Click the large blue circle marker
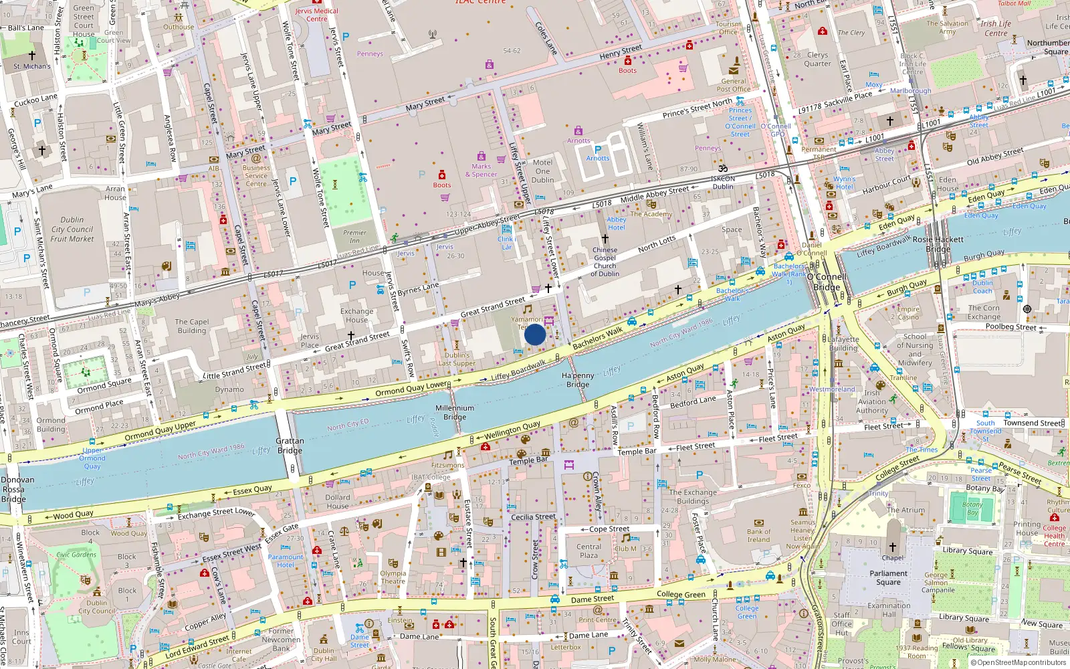[x=535, y=334]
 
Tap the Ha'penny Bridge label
[x=578, y=380]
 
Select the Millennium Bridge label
[x=455, y=412]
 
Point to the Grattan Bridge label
[x=290, y=446]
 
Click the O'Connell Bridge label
[x=827, y=282]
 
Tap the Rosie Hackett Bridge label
[x=938, y=244]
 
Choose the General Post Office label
[x=734, y=85]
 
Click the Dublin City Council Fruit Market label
[x=72, y=229]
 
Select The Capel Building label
[x=192, y=326]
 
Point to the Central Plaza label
[x=589, y=551]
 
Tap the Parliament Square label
[x=889, y=577]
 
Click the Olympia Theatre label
[x=393, y=577]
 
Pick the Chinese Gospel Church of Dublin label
[x=605, y=262]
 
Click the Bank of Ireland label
[x=758, y=535]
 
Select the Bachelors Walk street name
[x=597, y=339]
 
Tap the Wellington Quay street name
[x=512, y=430]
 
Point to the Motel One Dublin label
[x=542, y=171]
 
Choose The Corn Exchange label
[x=984, y=312]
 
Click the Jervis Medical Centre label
[x=317, y=15]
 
